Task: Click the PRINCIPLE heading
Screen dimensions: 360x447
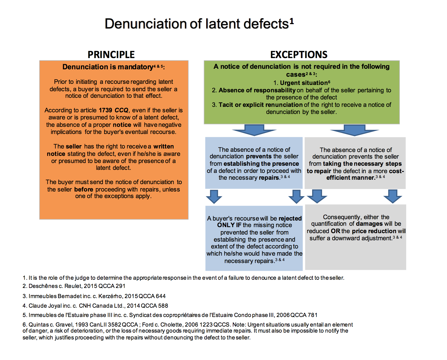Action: coord(111,55)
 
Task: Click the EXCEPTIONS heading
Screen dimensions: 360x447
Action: coord(299,55)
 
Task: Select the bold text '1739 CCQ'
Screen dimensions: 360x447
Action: coord(114,110)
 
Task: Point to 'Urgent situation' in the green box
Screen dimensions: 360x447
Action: coord(304,83)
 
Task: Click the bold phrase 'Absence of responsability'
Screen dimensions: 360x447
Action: coord(257,90)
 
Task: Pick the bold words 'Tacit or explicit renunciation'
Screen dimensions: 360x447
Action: coord(261,105)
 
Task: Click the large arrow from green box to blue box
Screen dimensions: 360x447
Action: coord(254,130)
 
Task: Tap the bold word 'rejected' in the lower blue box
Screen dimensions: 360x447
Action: coord(290,218)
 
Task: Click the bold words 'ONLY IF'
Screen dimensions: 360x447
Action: coord(229,225)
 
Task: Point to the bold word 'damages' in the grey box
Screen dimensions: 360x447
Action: coord(369,224)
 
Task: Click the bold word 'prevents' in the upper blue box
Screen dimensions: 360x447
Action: coord(259,156)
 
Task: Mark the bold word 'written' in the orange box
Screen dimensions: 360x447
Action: coord(163,146)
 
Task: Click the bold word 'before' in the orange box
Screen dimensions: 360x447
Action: coord(84,189)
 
